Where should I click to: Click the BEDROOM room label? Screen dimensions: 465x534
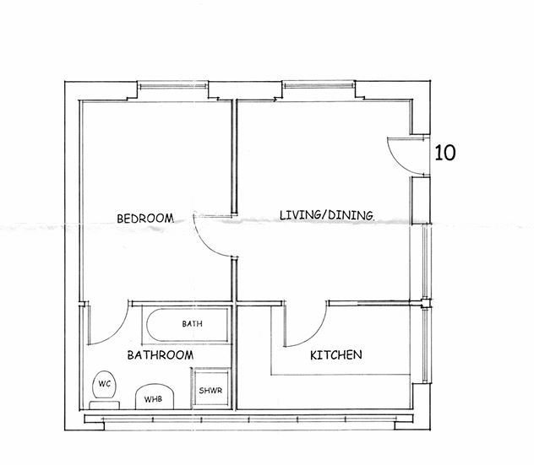click(x=144, y=219)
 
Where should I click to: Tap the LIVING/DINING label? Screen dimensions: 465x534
click(x=327, y=215)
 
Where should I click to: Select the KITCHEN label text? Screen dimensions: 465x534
click(x=336, y=355)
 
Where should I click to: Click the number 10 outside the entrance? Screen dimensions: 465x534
click(x=445, y=153)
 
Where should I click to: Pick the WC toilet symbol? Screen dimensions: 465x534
click(x=104, y=385)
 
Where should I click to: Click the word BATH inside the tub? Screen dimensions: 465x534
click(x=192, y=324)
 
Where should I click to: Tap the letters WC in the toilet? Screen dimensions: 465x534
click(x=105, y=384)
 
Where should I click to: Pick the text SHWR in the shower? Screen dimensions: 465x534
click(x=210, y=391)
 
